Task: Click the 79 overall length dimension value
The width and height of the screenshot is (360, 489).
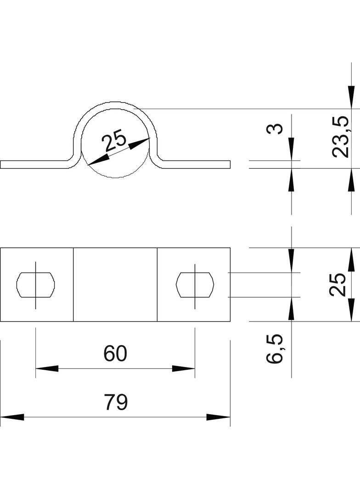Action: coord(115,402)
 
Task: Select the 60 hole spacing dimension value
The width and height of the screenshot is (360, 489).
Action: coord(115,354)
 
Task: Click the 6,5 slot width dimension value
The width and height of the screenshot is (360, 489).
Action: coord(275,349)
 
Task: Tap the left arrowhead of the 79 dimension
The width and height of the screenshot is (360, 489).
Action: coord(11,417)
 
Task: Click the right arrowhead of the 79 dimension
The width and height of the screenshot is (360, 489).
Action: coord(219,417)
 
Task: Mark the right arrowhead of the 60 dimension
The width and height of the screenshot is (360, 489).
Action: coord(184,368)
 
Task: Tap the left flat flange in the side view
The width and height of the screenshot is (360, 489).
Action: coord(34,165)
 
